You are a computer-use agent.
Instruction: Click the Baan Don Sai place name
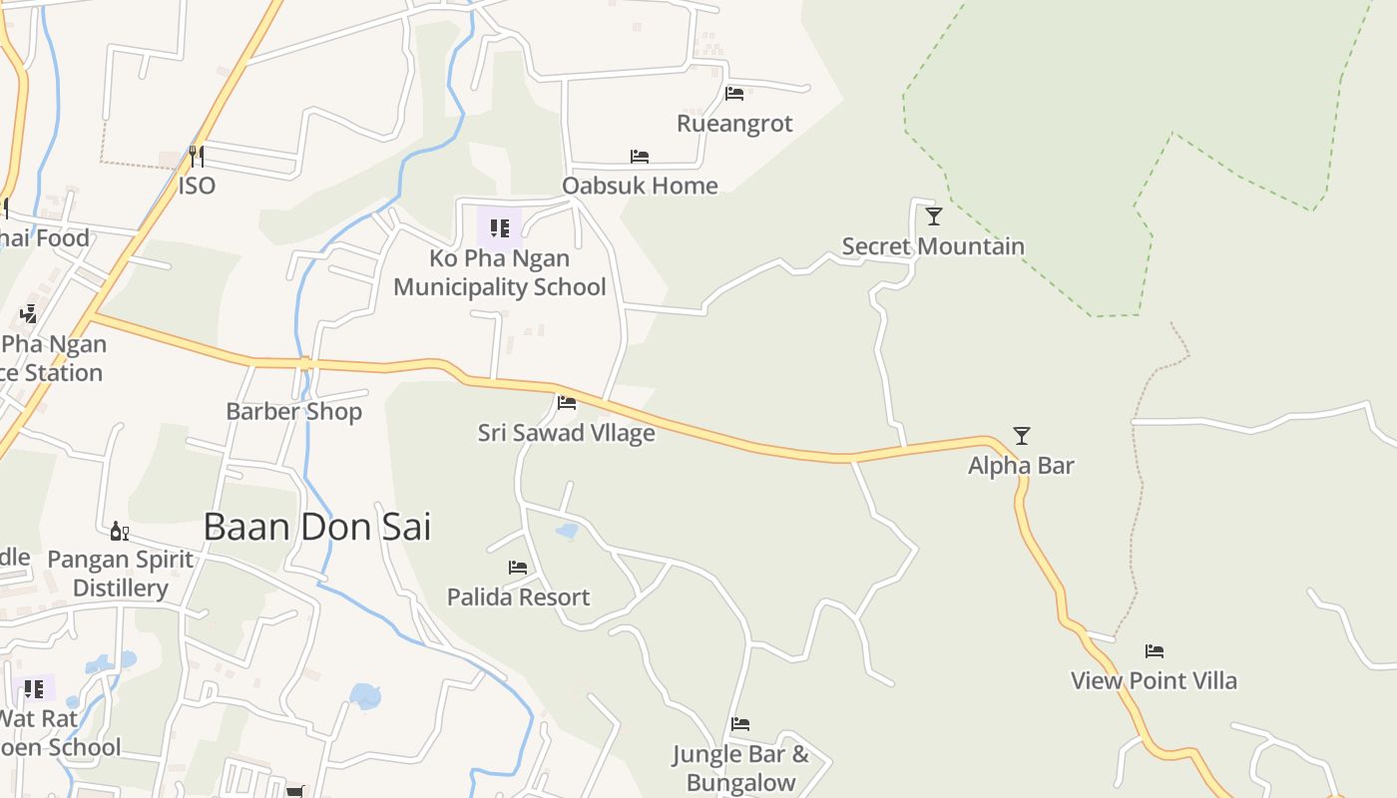pyautogui.click(x=317, y=527)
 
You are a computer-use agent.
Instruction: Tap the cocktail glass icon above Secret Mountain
pyautogui.click(x=933, y=215)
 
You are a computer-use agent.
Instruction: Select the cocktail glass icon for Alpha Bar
pyautogui.click(x=1021, y=435)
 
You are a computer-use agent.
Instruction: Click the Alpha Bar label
pyautogui.click(x=1021, y=465)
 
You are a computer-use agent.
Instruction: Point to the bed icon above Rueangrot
pyautogui.click(x=734, y=94)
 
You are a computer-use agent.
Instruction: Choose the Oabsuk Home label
pyautogui.click(x=640, y=186)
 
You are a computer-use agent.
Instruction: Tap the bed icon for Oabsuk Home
pyautogui.click(x=640, y=157)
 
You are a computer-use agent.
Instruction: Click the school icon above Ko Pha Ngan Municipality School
pyautogui.click(x=500, y=227)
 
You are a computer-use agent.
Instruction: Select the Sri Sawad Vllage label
pyautogui.click(x=566, y=433)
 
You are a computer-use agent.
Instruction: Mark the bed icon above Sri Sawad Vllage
pyautogui.click(x=567, y=403)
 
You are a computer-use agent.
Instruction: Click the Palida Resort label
pyautogui.click(x=518, y=597)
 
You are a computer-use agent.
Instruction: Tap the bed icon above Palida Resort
pyautogui.click(x=518, y=568)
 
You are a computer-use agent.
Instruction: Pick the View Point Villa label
pyautogui.click(x=1154, y=680)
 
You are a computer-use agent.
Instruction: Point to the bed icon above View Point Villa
pyautogui.click(x=1155, y=651)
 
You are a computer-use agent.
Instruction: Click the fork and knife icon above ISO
pyautogui.click(x=197, y=157)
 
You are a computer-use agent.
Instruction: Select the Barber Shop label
pyautogui.click(x=293, y=411)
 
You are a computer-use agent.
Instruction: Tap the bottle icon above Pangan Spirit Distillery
pyautogui.click(x=120, y=531)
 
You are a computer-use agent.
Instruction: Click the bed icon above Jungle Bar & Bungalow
pyautogui.click(x=739, y=724)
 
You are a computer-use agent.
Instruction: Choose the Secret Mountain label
pyautogui.click(x=933, y=245)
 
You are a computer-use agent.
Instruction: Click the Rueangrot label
pyautogui.click(x=734, y=124)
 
